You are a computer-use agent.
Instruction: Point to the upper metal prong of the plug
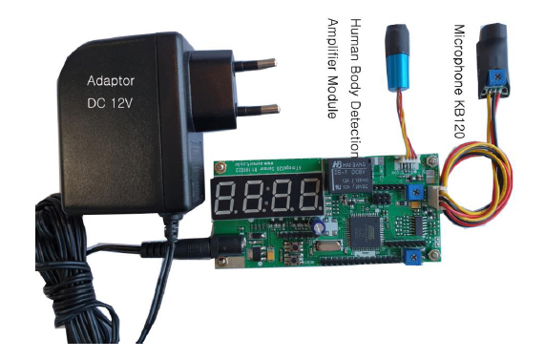click(251, 64)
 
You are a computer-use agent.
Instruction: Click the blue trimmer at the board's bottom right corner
click(411, 257)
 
